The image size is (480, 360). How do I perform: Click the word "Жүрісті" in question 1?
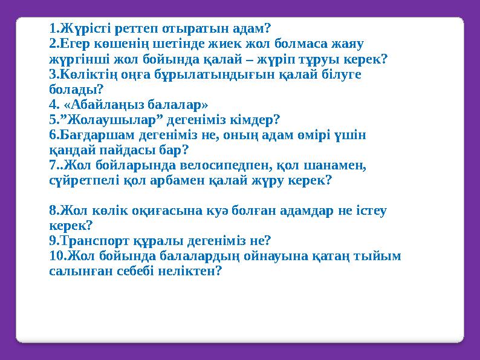80,28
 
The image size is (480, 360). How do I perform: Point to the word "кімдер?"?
256,119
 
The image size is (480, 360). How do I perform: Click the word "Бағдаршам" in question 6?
89,134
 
